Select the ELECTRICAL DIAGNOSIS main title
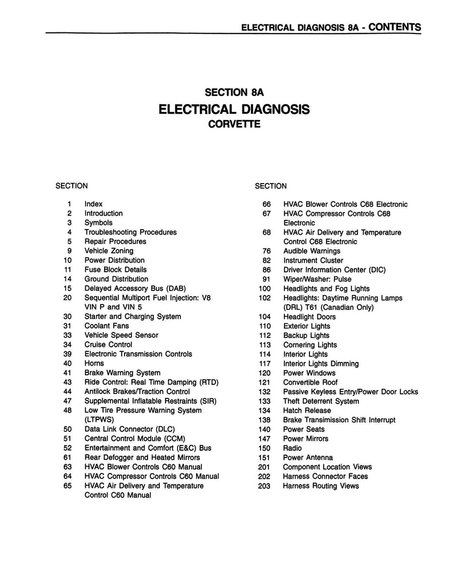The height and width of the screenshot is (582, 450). coord(234,109)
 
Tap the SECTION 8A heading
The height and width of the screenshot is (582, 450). coord(234,92)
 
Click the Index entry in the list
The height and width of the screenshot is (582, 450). coord(93,204)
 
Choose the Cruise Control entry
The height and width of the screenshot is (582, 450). coord(108,344)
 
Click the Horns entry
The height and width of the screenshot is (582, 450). coord(94,363)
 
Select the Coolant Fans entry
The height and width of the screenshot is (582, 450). coord(106,326)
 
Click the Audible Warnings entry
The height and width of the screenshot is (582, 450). coord(311,251)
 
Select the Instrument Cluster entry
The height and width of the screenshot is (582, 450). coord(313,260)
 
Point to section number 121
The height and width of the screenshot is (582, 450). coord(264,383)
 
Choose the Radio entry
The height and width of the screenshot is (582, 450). coord(293,448)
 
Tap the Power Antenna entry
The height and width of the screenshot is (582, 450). coord(308,458)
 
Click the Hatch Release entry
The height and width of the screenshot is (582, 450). coord(306,410)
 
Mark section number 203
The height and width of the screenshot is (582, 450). coord(264,486)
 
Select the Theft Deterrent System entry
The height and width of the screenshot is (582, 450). coord(321,401)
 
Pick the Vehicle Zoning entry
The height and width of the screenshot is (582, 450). coord(109,251)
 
